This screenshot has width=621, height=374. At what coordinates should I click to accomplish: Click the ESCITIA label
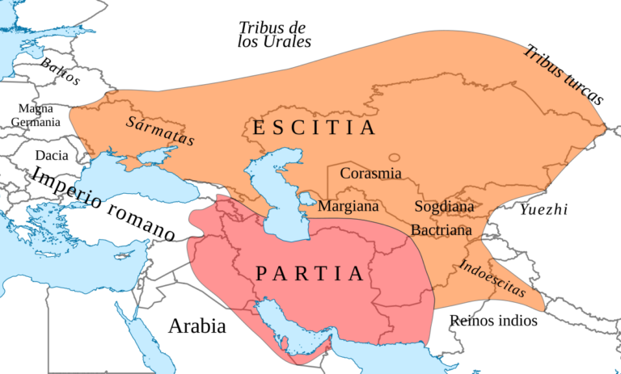(x=314, y=128)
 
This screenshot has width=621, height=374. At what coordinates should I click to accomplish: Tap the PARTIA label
(x=310, y=274)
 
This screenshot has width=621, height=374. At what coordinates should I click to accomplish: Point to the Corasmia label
(x=370, y=173)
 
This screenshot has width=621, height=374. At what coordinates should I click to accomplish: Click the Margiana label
(x=348, y=206)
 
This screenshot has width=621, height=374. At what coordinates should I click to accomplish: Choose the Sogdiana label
(x=444, y=206)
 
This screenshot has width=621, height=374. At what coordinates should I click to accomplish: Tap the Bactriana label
(x=441, y=230)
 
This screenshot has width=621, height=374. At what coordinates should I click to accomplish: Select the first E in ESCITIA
(x=258, y=128)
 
